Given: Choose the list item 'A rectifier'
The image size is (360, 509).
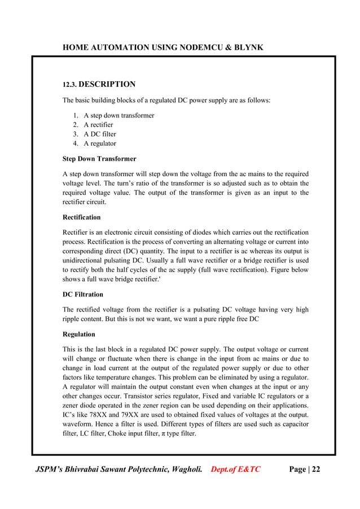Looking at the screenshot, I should [98, 125].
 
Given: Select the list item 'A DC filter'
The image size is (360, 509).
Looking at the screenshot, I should [100, 134].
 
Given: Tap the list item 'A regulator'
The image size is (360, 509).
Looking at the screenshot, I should [100, 143].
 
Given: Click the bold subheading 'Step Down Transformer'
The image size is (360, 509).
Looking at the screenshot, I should [99, 159].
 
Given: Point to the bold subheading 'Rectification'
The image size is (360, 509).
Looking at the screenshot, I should [82, 217].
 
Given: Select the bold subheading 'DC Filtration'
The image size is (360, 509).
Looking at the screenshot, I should [83, 294].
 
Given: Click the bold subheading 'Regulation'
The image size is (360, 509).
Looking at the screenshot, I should [79, 334].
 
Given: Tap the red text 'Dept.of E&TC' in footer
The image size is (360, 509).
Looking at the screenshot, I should [235, 468].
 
